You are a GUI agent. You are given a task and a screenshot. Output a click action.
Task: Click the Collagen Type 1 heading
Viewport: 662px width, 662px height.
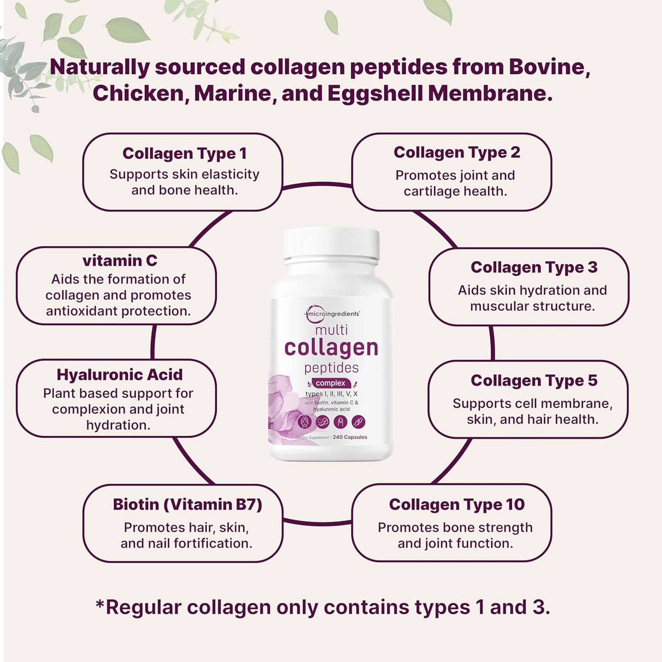(x=184, y=153)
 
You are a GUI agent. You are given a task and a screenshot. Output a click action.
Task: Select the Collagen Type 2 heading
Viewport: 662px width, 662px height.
(x=457, y=153)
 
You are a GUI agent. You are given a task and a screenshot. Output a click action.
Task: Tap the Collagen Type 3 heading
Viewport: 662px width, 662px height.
(x=534, y=268)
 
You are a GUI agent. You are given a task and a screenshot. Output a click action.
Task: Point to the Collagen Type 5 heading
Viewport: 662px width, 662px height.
(x=534, y=381)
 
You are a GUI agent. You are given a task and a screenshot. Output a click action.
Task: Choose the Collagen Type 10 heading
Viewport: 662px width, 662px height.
(x=457, y=504)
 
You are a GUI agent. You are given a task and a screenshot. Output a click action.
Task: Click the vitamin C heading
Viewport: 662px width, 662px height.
(x=120, y=261)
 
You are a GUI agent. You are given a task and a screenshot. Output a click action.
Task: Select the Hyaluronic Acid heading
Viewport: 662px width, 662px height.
(x=120, y=375)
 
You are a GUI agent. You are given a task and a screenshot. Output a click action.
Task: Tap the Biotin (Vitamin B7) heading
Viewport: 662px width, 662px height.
(x=187, y=504)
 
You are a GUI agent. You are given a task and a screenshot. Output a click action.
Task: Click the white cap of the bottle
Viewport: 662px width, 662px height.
(x=331, y=243)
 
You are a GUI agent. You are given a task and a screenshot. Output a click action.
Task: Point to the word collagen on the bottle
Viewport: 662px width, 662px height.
(x=331, y=348)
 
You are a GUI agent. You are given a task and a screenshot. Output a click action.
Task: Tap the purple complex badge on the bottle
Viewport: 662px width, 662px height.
(x=330, y=383)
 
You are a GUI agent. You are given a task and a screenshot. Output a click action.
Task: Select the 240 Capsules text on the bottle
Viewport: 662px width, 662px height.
(x=350, y=437)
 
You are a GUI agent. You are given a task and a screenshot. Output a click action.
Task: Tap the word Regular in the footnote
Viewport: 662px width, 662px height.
(x=143, y=608)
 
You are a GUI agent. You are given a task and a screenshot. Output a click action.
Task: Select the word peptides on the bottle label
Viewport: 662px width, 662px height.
(x=331, y=368)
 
